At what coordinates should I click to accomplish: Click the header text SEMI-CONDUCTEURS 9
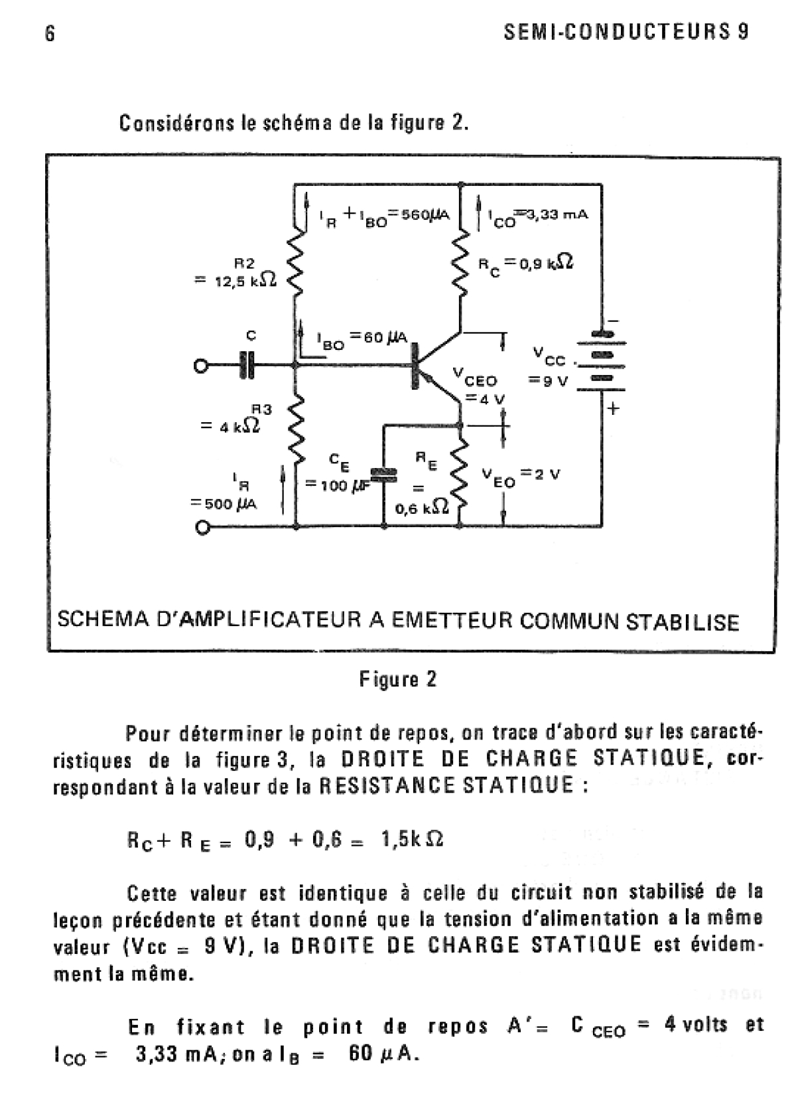(626, 33)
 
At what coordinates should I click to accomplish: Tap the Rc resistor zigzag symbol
(460, 263)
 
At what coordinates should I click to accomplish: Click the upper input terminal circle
(200, 365)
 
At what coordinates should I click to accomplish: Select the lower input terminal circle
(202, 528)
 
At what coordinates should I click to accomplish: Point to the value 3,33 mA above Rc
(555, 215)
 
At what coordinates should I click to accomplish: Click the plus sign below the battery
(612, 409)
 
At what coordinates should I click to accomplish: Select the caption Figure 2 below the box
(398, 679)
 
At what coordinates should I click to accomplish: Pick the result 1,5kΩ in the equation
(412, 840)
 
